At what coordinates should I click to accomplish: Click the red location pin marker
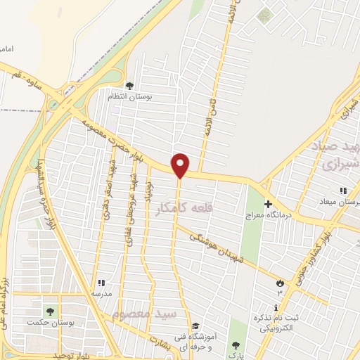click(x=181, y=165)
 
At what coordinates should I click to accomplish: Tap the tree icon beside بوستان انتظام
click(x=129, y=86)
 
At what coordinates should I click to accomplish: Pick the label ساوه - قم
click(x=25, y=81)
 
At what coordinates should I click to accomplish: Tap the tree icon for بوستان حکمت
click(x=50, y=311)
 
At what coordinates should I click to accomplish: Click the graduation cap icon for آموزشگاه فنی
click(x=196, y=326)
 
